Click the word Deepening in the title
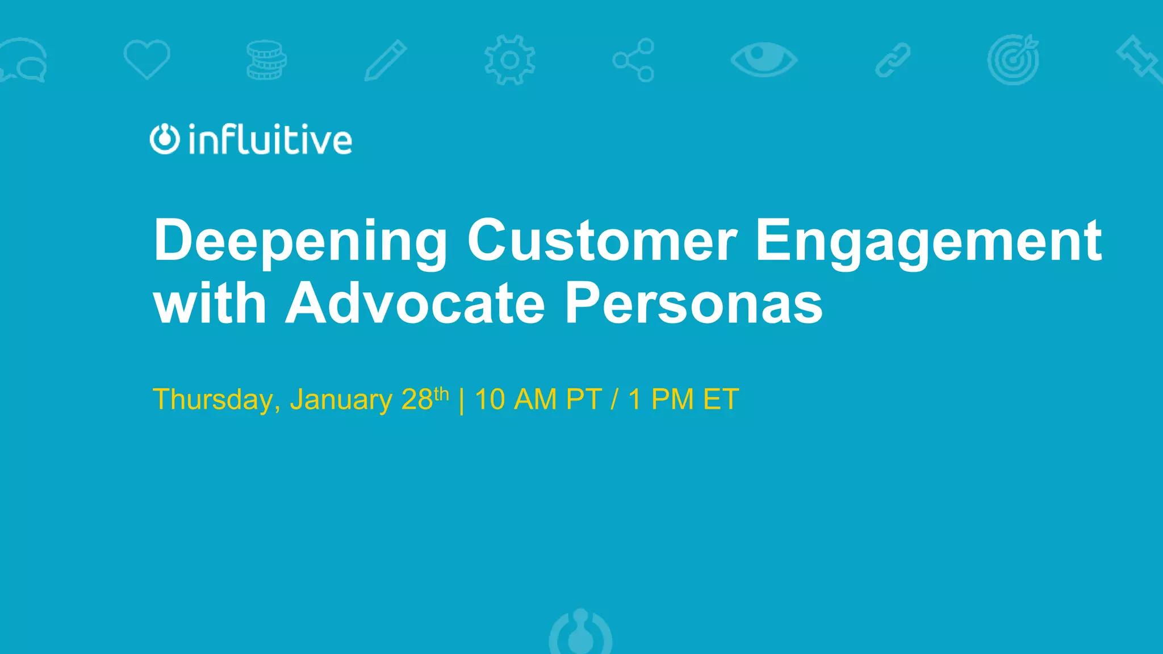click(300, 241)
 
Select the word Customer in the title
click(602, 241)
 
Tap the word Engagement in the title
click(928, 241)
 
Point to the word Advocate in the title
click(415, 303)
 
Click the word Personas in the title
click(693, 303)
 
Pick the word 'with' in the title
click(210, 303)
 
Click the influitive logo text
click(270, 140)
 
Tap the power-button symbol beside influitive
click(165, 139)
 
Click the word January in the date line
click(341, 400)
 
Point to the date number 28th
click(425, 399)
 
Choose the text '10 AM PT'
click(538, 400)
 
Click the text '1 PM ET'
click(684, 400)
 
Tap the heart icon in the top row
click(147, 59)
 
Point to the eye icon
click(764, 59)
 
